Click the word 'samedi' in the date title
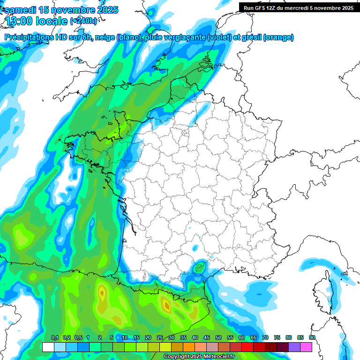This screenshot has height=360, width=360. [22, 10]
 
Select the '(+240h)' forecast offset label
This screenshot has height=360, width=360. [83, 21]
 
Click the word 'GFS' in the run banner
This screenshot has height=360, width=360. [260, 8]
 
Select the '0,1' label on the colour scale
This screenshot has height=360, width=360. [54, 338]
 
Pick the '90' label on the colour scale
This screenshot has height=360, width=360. [312, 338]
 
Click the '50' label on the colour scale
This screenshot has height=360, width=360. [218, 338]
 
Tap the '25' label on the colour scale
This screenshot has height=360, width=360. [160, 338]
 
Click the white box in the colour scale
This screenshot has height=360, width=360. [48, 347]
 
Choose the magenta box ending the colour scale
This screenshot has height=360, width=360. [306, 347]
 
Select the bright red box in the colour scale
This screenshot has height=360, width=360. [247, 347]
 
